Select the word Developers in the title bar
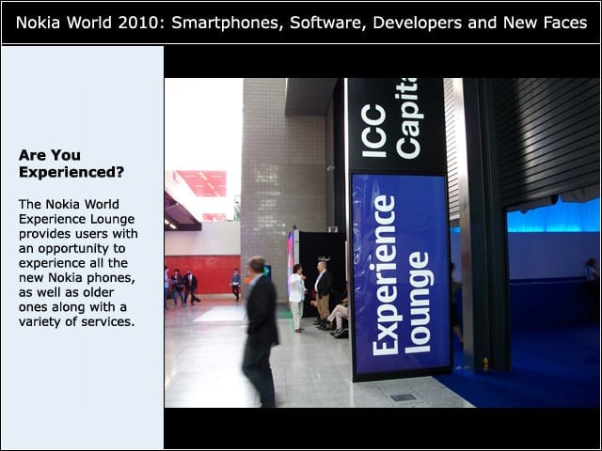coord(417,23)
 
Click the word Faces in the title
coord(565,23)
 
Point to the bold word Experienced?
coord(71,173)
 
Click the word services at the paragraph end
coord(108,321)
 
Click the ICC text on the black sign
coord(373,131)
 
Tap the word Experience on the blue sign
coord(384,275)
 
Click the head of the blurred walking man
coord(256,265)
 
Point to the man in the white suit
coord(296,297)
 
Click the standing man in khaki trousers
coord(323,294)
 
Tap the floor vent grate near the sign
coord(403,397)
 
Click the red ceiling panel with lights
coord(203,183)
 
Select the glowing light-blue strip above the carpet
coord(553,216)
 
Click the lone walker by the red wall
coord(236,285)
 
